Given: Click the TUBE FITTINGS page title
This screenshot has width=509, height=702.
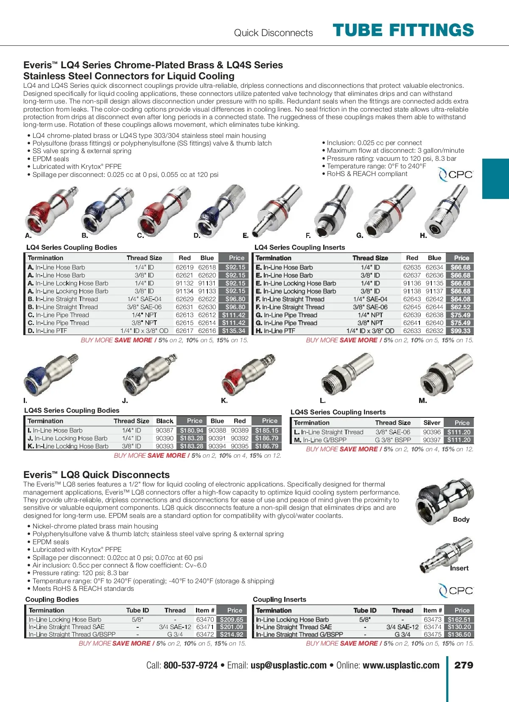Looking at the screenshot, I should click(403, 31).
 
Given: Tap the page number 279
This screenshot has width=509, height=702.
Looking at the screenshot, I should click(464, 665).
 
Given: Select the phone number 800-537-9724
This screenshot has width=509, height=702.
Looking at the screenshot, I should click(190, 666).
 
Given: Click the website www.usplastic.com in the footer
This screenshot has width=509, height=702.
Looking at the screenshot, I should click(401, 666).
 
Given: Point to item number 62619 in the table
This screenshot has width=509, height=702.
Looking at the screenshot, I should click(185, 267).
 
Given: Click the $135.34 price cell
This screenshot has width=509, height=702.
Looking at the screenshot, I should click(234, 331).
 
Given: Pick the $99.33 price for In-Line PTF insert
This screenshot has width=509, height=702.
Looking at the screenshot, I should click(461, 331).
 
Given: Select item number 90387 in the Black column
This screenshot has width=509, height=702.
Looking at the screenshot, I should click(165, 430).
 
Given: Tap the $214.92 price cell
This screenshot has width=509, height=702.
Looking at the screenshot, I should click(232, 635).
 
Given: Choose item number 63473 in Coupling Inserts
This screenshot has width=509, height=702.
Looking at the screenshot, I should click(433, 619).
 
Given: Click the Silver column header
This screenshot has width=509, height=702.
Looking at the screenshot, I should click(432, 422).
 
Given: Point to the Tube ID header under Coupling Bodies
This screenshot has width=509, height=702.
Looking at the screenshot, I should click(137, 610).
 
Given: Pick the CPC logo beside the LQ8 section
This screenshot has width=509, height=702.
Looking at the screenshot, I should click(456, 590).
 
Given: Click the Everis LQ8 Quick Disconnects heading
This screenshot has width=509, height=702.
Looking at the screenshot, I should click(96, 475).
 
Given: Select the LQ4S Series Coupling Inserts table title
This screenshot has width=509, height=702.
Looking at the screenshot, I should click(338, 412).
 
